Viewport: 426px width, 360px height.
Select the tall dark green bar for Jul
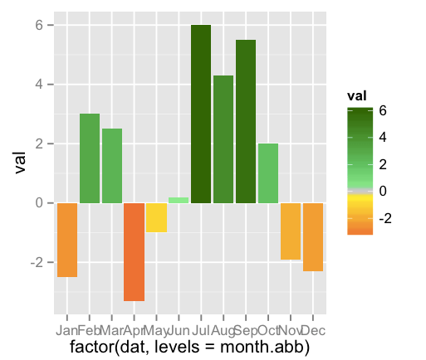[201, 114]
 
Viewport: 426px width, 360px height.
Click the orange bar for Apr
[134, 251]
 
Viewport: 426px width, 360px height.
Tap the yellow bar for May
[156, 217]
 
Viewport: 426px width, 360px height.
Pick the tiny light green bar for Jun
[179, 200]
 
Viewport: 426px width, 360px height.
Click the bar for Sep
[246, 122]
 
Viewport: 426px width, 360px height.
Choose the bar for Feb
[90, 158]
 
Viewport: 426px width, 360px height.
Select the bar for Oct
[268, 173]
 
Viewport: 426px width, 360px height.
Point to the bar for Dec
[313, 236]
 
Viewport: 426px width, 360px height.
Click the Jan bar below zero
[67, 240]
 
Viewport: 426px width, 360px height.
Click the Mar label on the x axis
[112, 330]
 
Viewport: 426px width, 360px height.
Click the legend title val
[358, 96]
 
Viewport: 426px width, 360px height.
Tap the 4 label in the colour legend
[381, 137]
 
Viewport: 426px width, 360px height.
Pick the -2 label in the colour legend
[384, 218]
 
